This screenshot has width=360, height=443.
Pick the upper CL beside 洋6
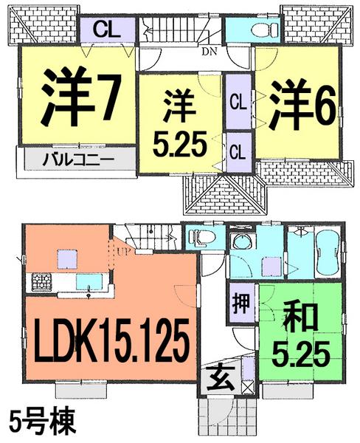click(238, 101)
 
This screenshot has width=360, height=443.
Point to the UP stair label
click(118, 252)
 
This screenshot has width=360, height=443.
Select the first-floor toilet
click(201, 238)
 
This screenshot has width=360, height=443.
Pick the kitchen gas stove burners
click(39, 282)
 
